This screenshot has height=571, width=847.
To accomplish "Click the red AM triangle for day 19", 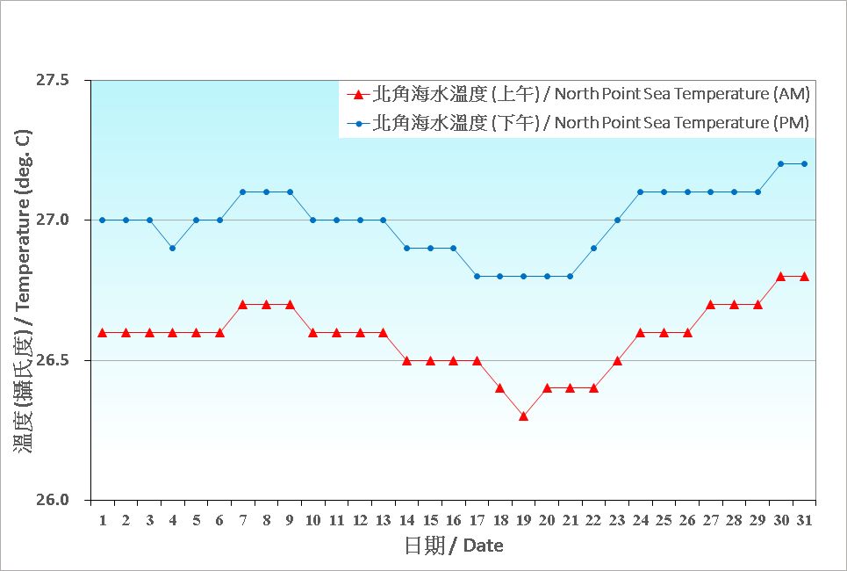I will (x=523, y=416).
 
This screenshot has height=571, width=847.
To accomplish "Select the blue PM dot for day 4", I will (x=173, y=248).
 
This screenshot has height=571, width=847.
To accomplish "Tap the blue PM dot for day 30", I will (x=780, y=163).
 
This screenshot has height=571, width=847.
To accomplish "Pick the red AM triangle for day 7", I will (x=243, y=304).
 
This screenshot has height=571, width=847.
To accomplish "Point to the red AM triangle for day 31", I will (x=804, y=276).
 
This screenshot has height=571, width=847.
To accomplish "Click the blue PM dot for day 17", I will (x=477, y=276).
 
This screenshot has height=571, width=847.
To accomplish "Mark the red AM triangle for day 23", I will (x=617, y=360).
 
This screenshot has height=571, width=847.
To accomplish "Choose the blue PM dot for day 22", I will (x=593, y=248).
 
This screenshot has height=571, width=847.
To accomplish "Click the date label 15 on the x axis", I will (x=430, y=520).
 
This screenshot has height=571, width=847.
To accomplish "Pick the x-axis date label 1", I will (x=103, y=520).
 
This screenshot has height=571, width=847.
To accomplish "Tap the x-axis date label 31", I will (x=804, y=520).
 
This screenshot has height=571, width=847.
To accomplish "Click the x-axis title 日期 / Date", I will (x=454, y=546).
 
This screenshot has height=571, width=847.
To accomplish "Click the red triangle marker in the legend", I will (x=357, y=94).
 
